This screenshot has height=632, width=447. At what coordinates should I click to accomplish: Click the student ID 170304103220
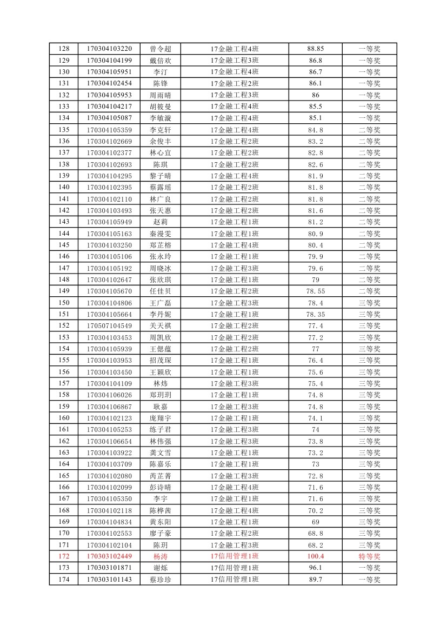click(x=109, y=49)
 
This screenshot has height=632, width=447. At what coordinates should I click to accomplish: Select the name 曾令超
click(x=161, y=49)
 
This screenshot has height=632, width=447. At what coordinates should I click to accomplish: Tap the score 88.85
click(x=316, y=49)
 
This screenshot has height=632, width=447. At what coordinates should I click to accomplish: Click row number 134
click(x=64, y=118)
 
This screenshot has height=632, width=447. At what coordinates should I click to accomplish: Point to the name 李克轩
click(x=161, y=130)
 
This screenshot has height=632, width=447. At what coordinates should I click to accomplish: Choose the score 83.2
click(x=316, y=141)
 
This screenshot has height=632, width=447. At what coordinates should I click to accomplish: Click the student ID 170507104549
click(x=109, y=325)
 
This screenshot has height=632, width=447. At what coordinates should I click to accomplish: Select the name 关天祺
click(x=161, y=325)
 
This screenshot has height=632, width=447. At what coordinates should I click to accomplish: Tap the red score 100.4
click(x=316, y=556)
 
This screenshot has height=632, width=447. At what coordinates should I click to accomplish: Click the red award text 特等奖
click(x=370, y=556)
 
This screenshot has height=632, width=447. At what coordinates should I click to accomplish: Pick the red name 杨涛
click(x=161, y=556)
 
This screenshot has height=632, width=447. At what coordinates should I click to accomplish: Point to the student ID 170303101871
click(x=109, y=568)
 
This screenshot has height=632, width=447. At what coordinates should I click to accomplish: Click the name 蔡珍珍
click(x=161, y=580)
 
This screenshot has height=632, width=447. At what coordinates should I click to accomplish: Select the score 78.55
click(x=316, y=291)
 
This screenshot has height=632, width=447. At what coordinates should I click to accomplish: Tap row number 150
click(x=64, y=303)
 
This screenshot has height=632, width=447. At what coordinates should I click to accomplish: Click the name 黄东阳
click(x=161, y=522)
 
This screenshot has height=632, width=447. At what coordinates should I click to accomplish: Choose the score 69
click(x=316, y=522)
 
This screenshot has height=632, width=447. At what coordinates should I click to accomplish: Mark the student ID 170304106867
click(x=109, y=407)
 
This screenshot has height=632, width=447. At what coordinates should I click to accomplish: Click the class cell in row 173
click(x=235, y=568)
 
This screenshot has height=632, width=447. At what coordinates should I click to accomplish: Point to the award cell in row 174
click(x=370, y=580)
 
